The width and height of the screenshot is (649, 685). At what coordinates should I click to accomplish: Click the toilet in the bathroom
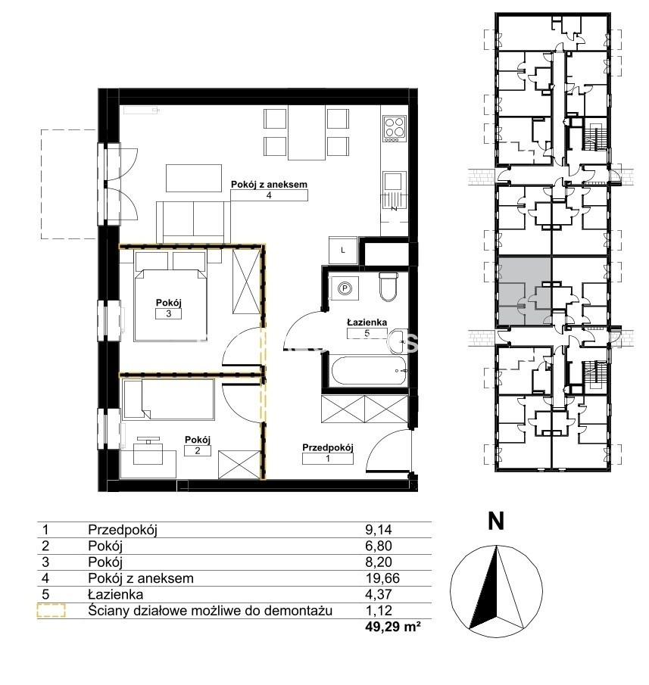388,287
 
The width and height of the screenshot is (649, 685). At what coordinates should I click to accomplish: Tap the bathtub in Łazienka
370,370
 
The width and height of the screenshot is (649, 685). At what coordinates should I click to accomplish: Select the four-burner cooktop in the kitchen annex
395,129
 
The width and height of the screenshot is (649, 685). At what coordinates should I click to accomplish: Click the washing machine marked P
345,288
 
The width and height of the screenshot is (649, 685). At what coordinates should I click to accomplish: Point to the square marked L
343,251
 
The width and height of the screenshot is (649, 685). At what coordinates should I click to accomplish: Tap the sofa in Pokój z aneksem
193,223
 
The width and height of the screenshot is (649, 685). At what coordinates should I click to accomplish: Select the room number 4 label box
269,195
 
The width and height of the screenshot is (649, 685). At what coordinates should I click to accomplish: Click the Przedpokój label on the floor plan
327,447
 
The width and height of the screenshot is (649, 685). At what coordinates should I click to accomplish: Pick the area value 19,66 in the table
382,578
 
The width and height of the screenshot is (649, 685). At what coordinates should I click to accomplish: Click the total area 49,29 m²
393,627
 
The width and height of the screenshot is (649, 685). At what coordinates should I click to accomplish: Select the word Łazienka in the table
115,594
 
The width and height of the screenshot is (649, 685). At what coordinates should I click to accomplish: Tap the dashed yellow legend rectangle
51,610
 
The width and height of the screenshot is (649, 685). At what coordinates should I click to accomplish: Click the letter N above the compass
495,521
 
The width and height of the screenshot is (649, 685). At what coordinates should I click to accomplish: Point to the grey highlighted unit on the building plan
524,291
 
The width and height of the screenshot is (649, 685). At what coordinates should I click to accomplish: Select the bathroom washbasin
399,341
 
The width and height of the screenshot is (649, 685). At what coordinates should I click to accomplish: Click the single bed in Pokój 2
169,400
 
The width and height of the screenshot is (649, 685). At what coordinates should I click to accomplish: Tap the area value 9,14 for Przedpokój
379,530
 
